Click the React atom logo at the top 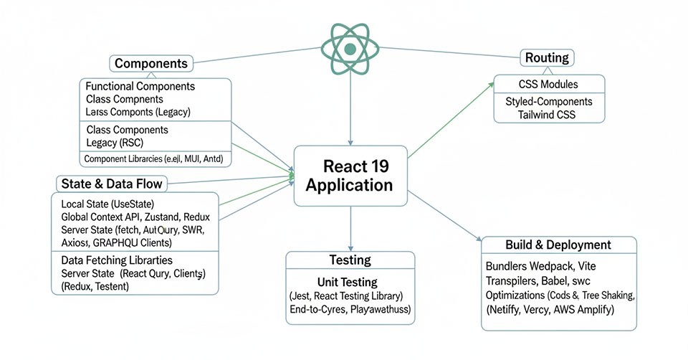350,49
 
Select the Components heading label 151,63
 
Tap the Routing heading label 548,58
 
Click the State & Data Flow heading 110,184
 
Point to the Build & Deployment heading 558,245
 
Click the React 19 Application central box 350,176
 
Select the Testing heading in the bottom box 350,260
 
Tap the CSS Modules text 548,84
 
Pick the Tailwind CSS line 548,115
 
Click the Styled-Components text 548,101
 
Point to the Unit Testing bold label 347,282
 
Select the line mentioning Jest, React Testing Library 347,296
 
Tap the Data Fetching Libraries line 117,260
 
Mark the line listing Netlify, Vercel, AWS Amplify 550,311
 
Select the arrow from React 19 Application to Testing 350,229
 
